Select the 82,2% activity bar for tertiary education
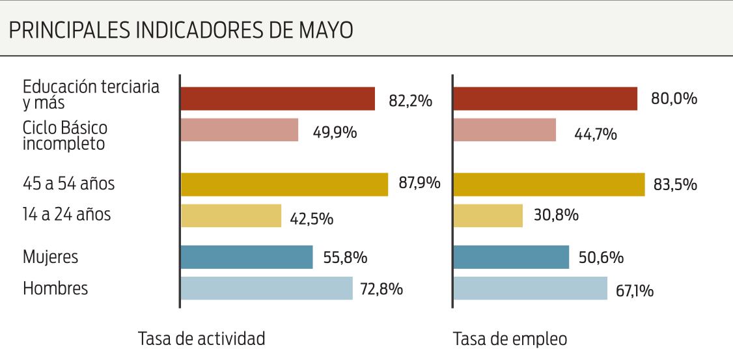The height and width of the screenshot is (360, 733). tap(277, 99)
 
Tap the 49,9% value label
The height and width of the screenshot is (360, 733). tap(336, 132)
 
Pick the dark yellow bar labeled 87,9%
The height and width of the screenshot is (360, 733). tap(284, 184)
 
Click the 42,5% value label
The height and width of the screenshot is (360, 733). tap(312, 218)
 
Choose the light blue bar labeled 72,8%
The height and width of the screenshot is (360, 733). tap(266, 288)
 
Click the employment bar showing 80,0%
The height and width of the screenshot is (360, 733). tap(545, 99)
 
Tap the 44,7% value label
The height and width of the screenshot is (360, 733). tap(596, 135)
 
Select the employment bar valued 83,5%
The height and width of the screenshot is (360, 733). tap(549, 184)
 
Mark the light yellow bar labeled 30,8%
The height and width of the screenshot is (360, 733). tap(488, 215)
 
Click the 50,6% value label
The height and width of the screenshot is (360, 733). tap(602, 257)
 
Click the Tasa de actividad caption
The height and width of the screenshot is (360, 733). tap(202, 339)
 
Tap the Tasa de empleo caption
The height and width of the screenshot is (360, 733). tap(510, 339)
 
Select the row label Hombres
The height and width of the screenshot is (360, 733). tap(55, 288)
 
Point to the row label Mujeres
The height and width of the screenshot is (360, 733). tap(50, 257)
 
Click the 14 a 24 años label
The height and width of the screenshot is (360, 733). tap(66, 214)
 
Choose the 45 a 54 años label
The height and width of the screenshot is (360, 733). tap(68, 184)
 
